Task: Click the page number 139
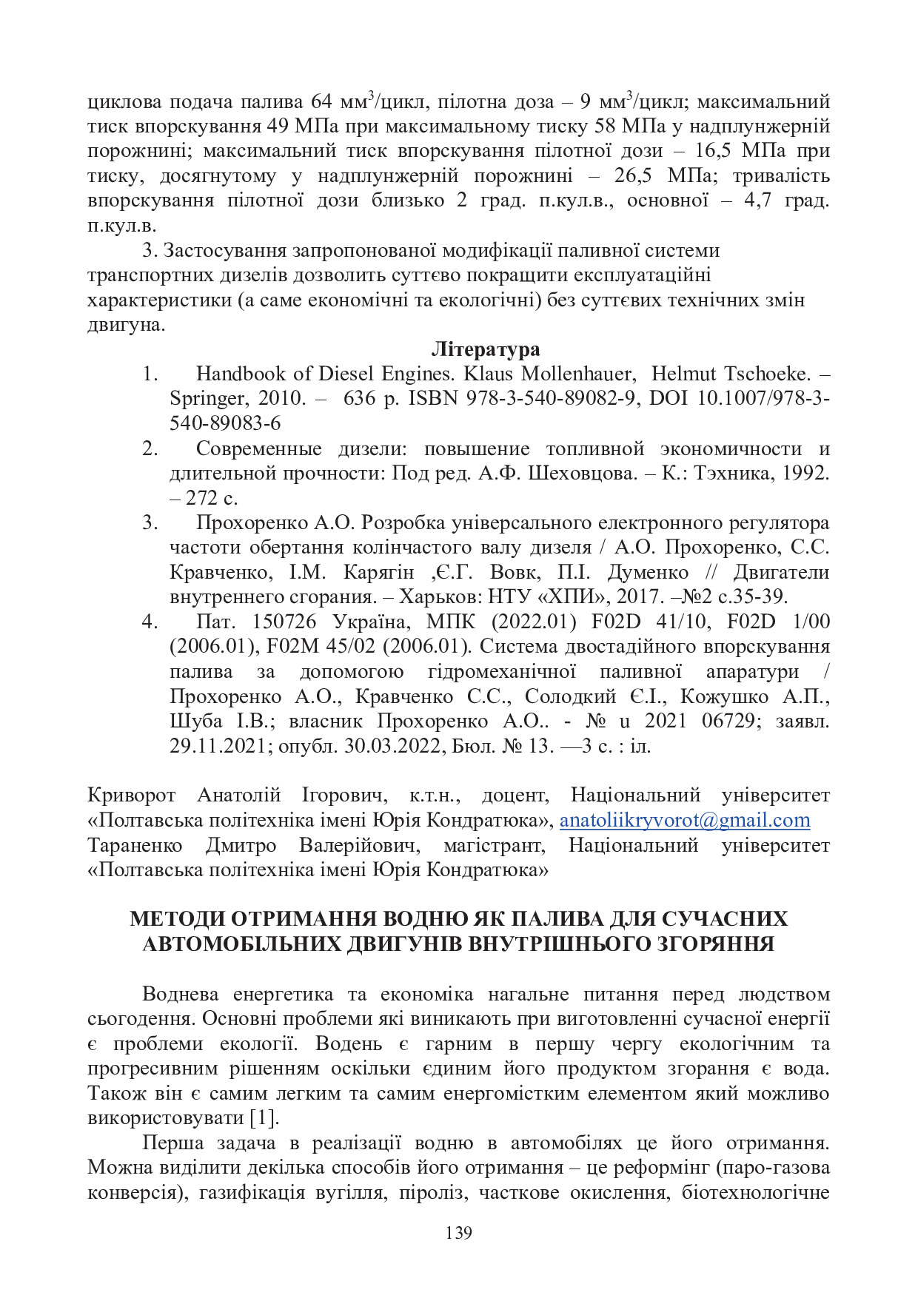click(x=459, y=1233)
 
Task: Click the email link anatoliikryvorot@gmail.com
click(x=684, y=821)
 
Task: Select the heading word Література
click(x=486, y=349)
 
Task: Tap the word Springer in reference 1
click(x=207, y=399)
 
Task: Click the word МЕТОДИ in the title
click(x=177, y=919)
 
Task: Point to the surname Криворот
click(x=131, y=796)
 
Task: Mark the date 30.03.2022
click(x=395, y=746)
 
